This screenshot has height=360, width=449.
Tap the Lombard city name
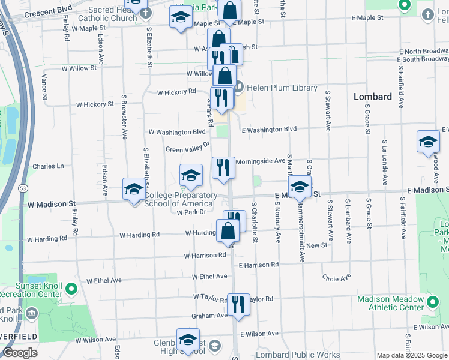coord(372,97)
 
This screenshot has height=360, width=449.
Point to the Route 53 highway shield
coord(23,188)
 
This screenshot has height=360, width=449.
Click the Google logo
coord(20,353)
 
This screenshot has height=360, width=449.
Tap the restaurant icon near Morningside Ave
coord(223,168)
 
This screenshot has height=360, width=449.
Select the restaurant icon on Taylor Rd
coord(239,305)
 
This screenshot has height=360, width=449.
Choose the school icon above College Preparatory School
coord(191,175)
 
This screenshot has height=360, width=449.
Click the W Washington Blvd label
coord(177,132)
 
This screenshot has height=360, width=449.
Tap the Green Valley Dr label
coord(187,147)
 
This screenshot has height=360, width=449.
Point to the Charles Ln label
coord(48,166)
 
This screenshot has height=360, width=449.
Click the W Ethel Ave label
coord(104,280)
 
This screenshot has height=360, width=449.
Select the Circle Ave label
coord(336,278)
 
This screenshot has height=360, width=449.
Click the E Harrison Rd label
coord(259,264)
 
